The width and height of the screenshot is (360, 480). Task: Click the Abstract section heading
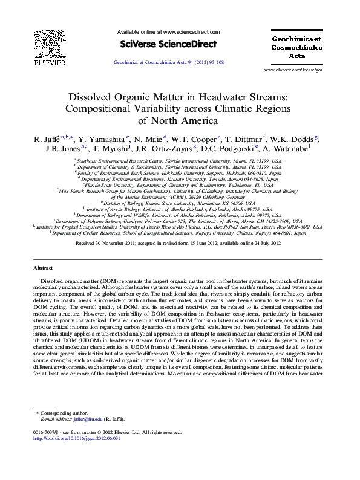pos(42,267)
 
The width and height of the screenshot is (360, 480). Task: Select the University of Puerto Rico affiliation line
pos(180,226)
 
